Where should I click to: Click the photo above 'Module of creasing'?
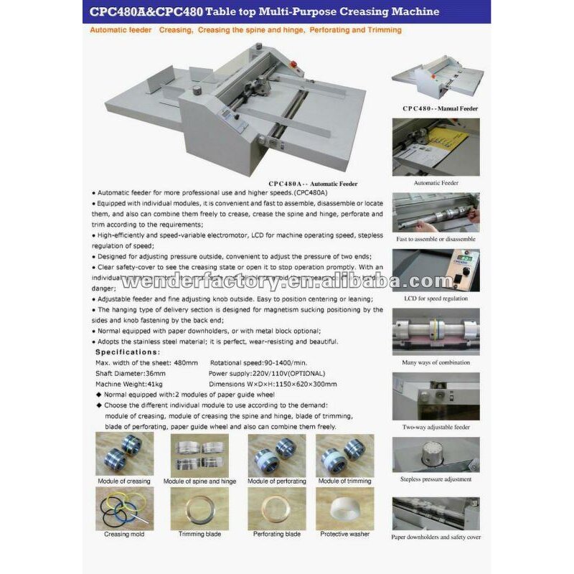[123, 455]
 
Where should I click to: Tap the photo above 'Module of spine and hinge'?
[199, 455]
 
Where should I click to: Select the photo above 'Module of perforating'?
[276, 455]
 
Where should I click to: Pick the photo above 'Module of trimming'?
[344, 455]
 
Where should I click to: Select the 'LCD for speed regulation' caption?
[436, 298]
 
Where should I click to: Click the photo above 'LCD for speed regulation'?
[436, 270]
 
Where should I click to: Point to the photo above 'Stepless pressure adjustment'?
[436, 455]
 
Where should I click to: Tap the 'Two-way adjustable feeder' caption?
[436, 427]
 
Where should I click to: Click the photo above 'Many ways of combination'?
[436, 332]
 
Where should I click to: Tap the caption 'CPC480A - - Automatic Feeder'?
[313, 184]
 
